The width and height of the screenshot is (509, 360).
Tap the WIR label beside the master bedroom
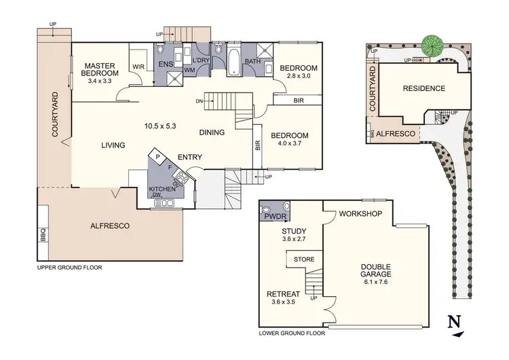tap(138, 67)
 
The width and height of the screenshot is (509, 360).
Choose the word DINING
tap(212, 133)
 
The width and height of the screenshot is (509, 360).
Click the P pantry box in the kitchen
tap(157, 156)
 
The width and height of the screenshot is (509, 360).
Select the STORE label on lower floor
tap(304, 259)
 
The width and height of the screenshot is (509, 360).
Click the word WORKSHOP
tap(361, 215)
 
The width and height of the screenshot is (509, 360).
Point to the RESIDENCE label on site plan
tap(423, 88)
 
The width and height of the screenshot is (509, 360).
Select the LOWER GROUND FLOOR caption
tap(292, 334)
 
